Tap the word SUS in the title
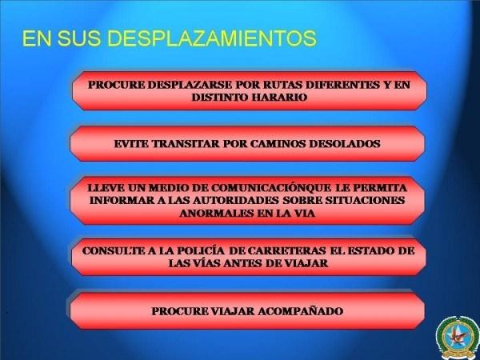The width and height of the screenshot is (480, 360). point(78,38)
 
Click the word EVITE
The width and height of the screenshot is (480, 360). point(131,143)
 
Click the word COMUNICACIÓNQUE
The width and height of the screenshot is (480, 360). point(271,188)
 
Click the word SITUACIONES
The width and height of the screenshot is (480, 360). point(365,201)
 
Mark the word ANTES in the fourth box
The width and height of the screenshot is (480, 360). point(242,263)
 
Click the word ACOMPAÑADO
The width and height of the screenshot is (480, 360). point(300,311)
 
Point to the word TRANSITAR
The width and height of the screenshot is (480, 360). point(186,143)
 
